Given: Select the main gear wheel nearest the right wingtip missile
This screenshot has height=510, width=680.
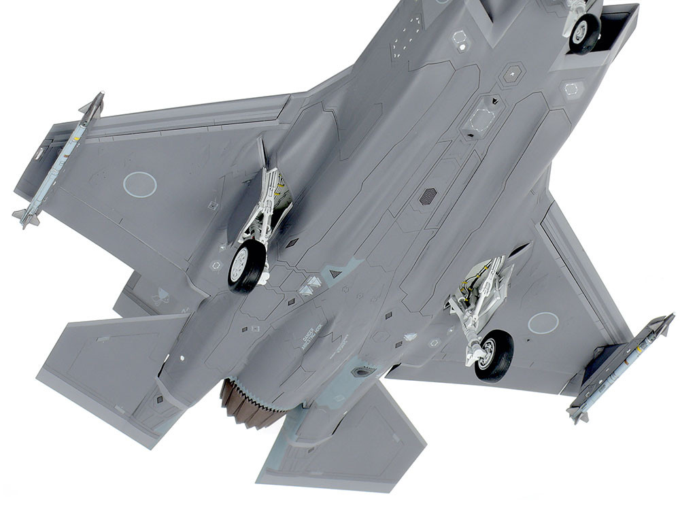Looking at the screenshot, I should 493,353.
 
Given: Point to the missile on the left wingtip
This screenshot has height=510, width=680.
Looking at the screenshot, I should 60,160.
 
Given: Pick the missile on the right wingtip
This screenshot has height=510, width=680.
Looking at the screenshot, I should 620,368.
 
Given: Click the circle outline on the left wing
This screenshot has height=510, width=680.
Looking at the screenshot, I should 139,184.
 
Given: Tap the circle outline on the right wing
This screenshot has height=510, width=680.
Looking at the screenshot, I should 543,322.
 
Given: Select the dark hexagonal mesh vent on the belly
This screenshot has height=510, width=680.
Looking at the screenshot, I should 427,197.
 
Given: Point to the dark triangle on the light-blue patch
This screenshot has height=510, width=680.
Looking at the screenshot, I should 335,274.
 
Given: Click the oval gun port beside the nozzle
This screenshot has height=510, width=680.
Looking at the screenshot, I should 364,372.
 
